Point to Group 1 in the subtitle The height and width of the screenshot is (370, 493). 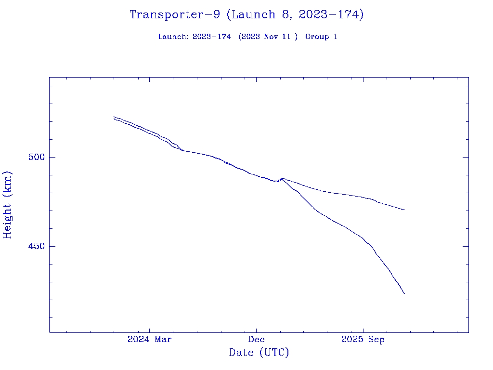pos(321,37)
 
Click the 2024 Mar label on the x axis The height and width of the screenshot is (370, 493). pos(149,340)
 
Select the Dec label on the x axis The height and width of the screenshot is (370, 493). pos(256,340)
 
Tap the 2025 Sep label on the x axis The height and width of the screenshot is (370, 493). pos(363,340)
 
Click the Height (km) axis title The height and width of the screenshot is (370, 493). pos(7,205)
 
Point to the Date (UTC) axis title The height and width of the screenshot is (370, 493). pos(259,353)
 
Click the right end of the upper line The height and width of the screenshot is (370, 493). pos(404,210)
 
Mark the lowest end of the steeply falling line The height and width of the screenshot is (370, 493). pos(404,293)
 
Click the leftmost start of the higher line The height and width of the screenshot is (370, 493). pos(114,117)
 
